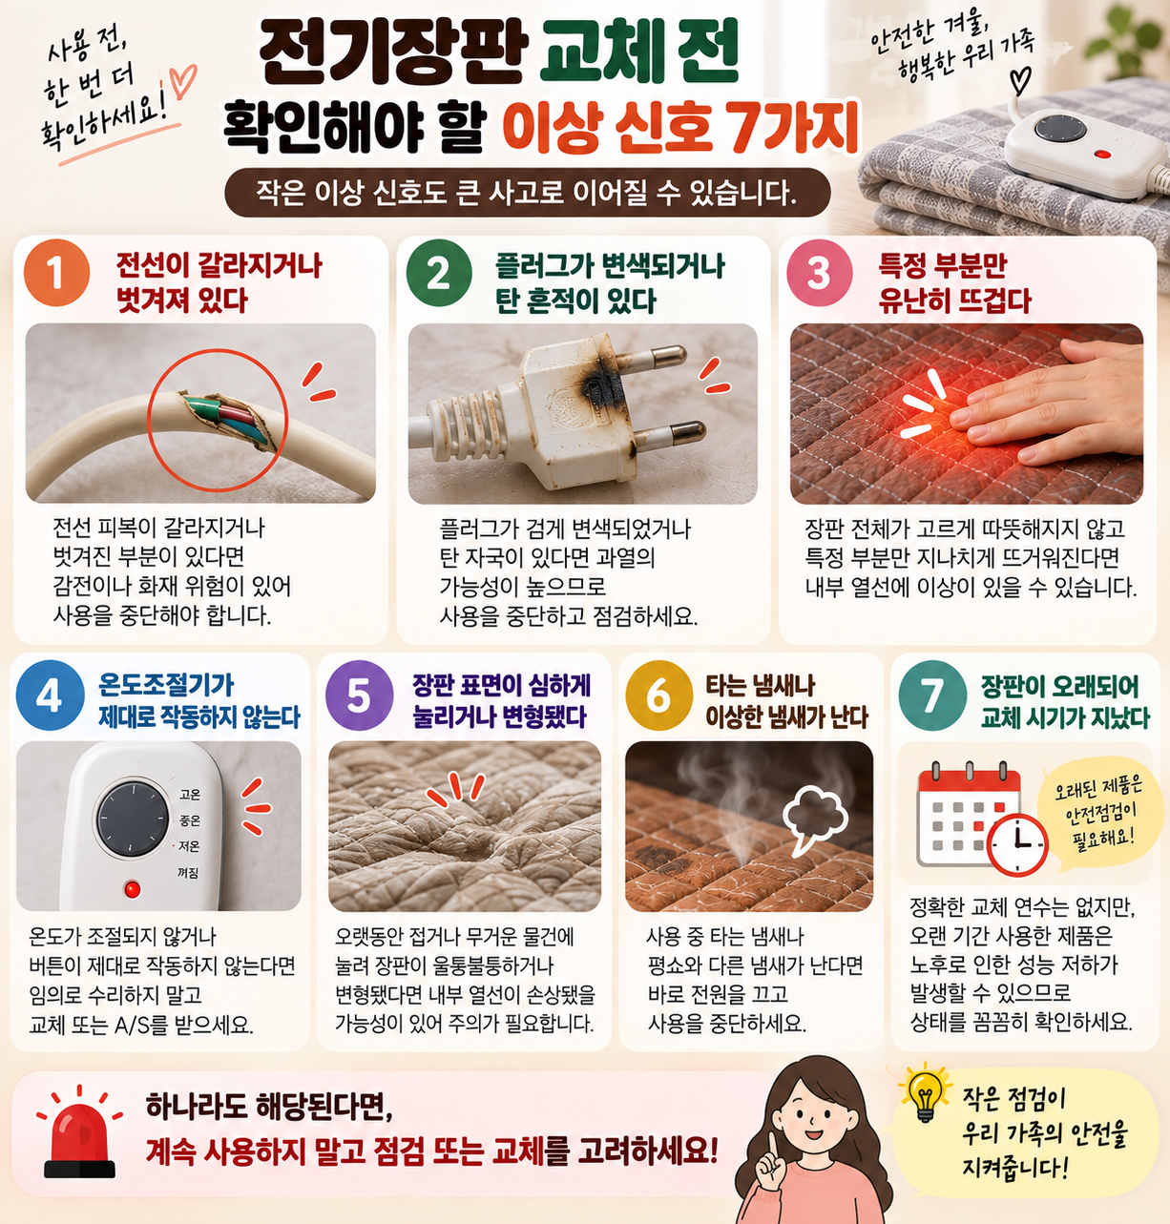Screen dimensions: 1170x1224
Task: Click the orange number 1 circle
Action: [56, 273]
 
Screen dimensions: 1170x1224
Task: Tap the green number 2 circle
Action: [439, 273]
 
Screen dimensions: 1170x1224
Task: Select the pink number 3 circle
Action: [820, 273]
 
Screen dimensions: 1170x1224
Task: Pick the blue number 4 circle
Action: [50, 695]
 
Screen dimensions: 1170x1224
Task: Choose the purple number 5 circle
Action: [359, 695]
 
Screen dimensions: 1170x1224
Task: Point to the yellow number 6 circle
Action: [659, 695]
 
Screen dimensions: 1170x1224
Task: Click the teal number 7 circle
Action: [933, 695]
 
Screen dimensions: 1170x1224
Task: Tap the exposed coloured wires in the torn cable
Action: [230, 418]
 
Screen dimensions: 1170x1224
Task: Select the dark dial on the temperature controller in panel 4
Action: [132, 819]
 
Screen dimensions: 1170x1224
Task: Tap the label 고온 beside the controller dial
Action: [189, 795]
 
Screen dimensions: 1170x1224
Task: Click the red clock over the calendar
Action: [1016, 844]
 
